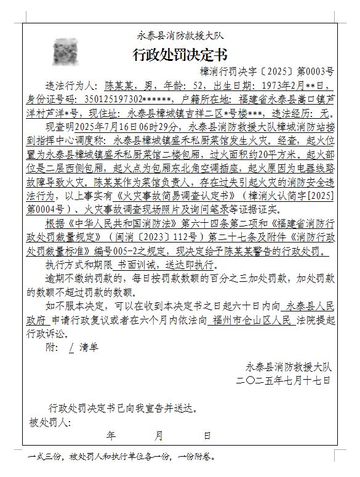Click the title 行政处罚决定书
pyautogui.click(x=180, y=54)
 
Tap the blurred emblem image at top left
pyautogui.click(x=65, y=52)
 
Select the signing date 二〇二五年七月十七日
pyautogui.click(x=284, y=380)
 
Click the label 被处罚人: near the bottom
pyautogui.click(x=47, y=422)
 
